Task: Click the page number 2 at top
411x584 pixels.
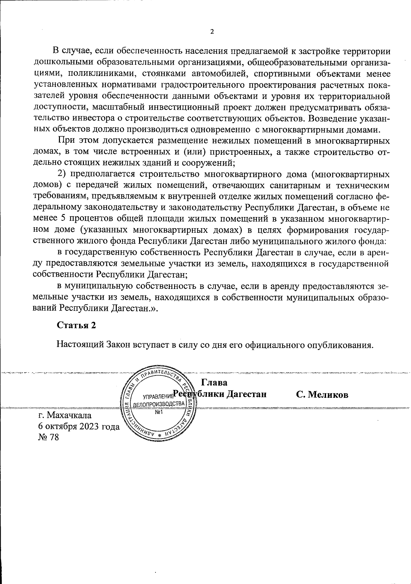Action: tap(212, 32)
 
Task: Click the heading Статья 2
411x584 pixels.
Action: tap(76, 325)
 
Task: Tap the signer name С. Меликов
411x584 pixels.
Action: tap(322, 395)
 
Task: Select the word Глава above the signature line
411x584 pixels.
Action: tap(214, 382)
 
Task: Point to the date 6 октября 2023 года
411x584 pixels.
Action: tap(79, 427)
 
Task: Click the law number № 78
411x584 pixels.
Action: tap(49, 437)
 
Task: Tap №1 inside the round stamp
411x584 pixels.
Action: tap(159, 412)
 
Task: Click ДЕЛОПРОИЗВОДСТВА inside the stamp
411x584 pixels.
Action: tap(159, 404)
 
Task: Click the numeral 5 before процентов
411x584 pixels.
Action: tap(67, 219)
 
